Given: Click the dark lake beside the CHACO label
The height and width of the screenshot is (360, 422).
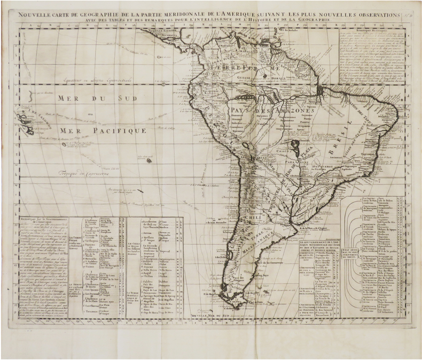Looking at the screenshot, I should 293,144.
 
